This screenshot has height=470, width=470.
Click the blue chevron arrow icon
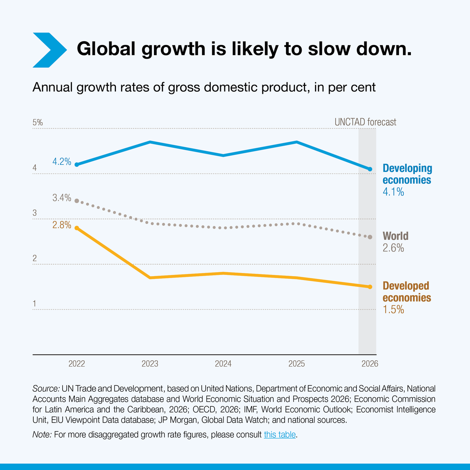pyautogui.click(x=49, y=50)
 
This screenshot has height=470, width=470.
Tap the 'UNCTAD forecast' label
pyautogui.click(x=365, y=122)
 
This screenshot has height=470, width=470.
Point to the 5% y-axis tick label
pyautogui.click(x=38, y=123)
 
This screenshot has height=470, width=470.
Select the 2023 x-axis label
pyautogui.click(x=150, y=364)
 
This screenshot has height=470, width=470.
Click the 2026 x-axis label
pyautogui.click(x=370, y=364)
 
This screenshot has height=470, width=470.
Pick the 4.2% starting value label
pyautogui.click(x=62, y=161)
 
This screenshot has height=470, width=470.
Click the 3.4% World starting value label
pyautogui.click(x=62, y=198)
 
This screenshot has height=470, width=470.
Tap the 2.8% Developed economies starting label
pyautogui.click(x=62, y=225)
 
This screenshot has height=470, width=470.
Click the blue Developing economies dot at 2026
pyautogui.click(x=370, y=169)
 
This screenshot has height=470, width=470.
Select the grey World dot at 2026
pyautogui.click(x=370, y=237)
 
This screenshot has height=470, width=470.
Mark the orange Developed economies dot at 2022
pyautogui.click(x=77, y=228)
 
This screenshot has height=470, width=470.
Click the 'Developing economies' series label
pyautogui.click(x=407, y=174)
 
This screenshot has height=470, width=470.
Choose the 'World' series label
pyautogui.click(x=395, y=236)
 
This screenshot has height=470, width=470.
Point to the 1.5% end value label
pyautogui.click(x=393, y=310)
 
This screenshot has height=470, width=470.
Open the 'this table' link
pyautogui.click(x=280, y=434)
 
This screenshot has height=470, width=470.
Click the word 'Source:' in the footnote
pyautogui.click(x=46, y=389)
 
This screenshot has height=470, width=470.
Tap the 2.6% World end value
pyautogui.click(x=393, y=248)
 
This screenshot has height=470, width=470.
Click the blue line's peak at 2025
pyautogui.click(x=297, y=142)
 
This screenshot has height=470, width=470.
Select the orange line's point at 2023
pyautogui.click(x=150, y=278)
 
